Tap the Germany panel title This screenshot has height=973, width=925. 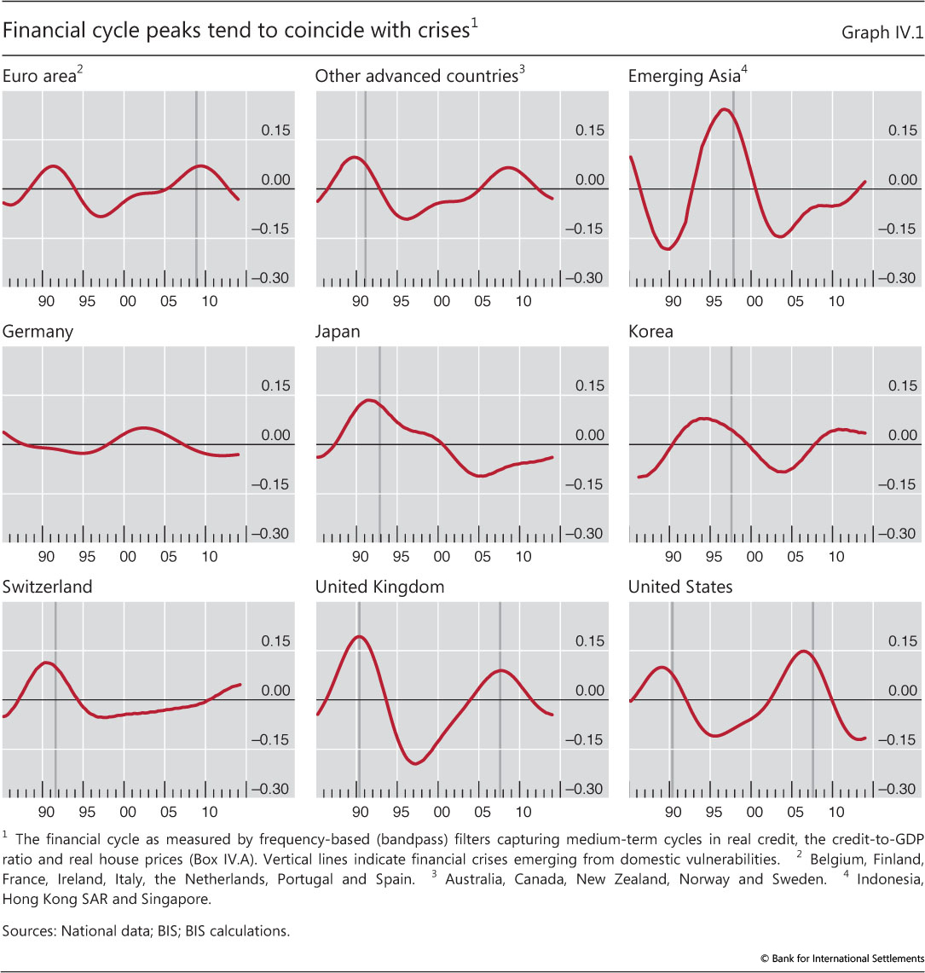[38, 332]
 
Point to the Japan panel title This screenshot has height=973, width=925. [338, 332]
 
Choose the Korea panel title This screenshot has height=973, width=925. [650, 332]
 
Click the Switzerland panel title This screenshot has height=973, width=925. [48, 588]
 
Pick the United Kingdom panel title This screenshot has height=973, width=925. [379, 588]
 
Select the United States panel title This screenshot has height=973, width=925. [680, 588]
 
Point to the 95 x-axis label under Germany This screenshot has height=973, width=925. [87, 556]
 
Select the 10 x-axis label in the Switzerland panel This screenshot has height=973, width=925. [210, 812]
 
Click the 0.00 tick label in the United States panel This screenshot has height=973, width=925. [901, 691]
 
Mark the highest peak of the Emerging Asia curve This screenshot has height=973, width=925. [724, 109]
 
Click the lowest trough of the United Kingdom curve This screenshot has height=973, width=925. [415, 763]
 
